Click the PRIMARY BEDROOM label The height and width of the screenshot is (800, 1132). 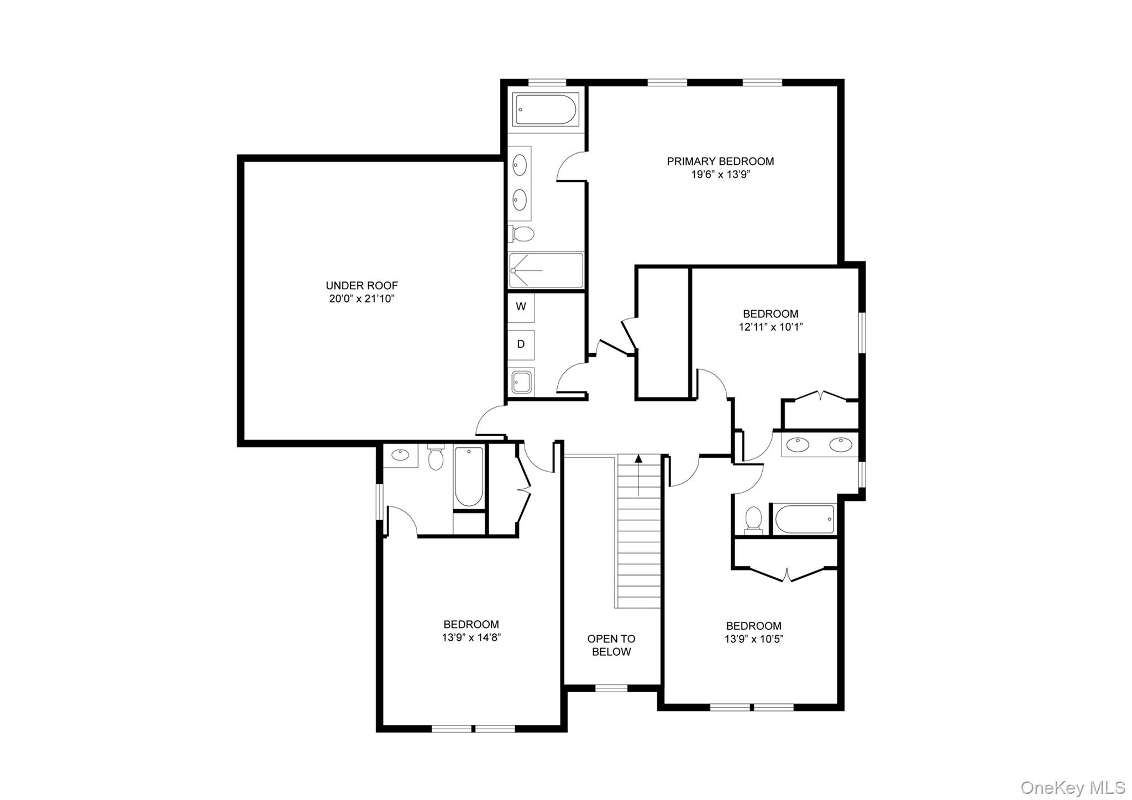pyautogui.click(x=720, y=161)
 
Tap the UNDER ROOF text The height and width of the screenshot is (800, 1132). pyautogui.click(x=361, y=286)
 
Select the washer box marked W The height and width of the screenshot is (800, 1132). pyautogui.click(x=521, y=307)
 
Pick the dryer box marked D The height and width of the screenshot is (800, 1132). pyautogui.click(x=521, y=344)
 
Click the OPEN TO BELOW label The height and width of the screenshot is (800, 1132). pyautogui.click(x=611, y=645)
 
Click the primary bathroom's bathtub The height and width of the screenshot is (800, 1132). pyautogui.click(x=544, y=110)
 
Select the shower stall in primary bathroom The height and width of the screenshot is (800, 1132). pyautogui.click(x=546, y=270)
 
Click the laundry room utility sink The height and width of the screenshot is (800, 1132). pyautogui.click(x=522, y=381)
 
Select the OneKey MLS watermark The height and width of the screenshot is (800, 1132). pyautogui.click(x=1073, y=787)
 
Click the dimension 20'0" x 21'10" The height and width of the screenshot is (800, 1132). pyautogui.click(x=361, y=299)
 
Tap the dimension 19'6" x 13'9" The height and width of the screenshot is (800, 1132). pyautogui.click(x=720, y=175)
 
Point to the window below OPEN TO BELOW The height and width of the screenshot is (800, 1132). pyautogui.click(x=611, y=688)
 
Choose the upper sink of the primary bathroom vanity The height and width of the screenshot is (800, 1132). pyautogui.click(x=520, y=164)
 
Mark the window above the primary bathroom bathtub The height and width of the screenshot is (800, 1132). pyautogui.click(x=547, y=83)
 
